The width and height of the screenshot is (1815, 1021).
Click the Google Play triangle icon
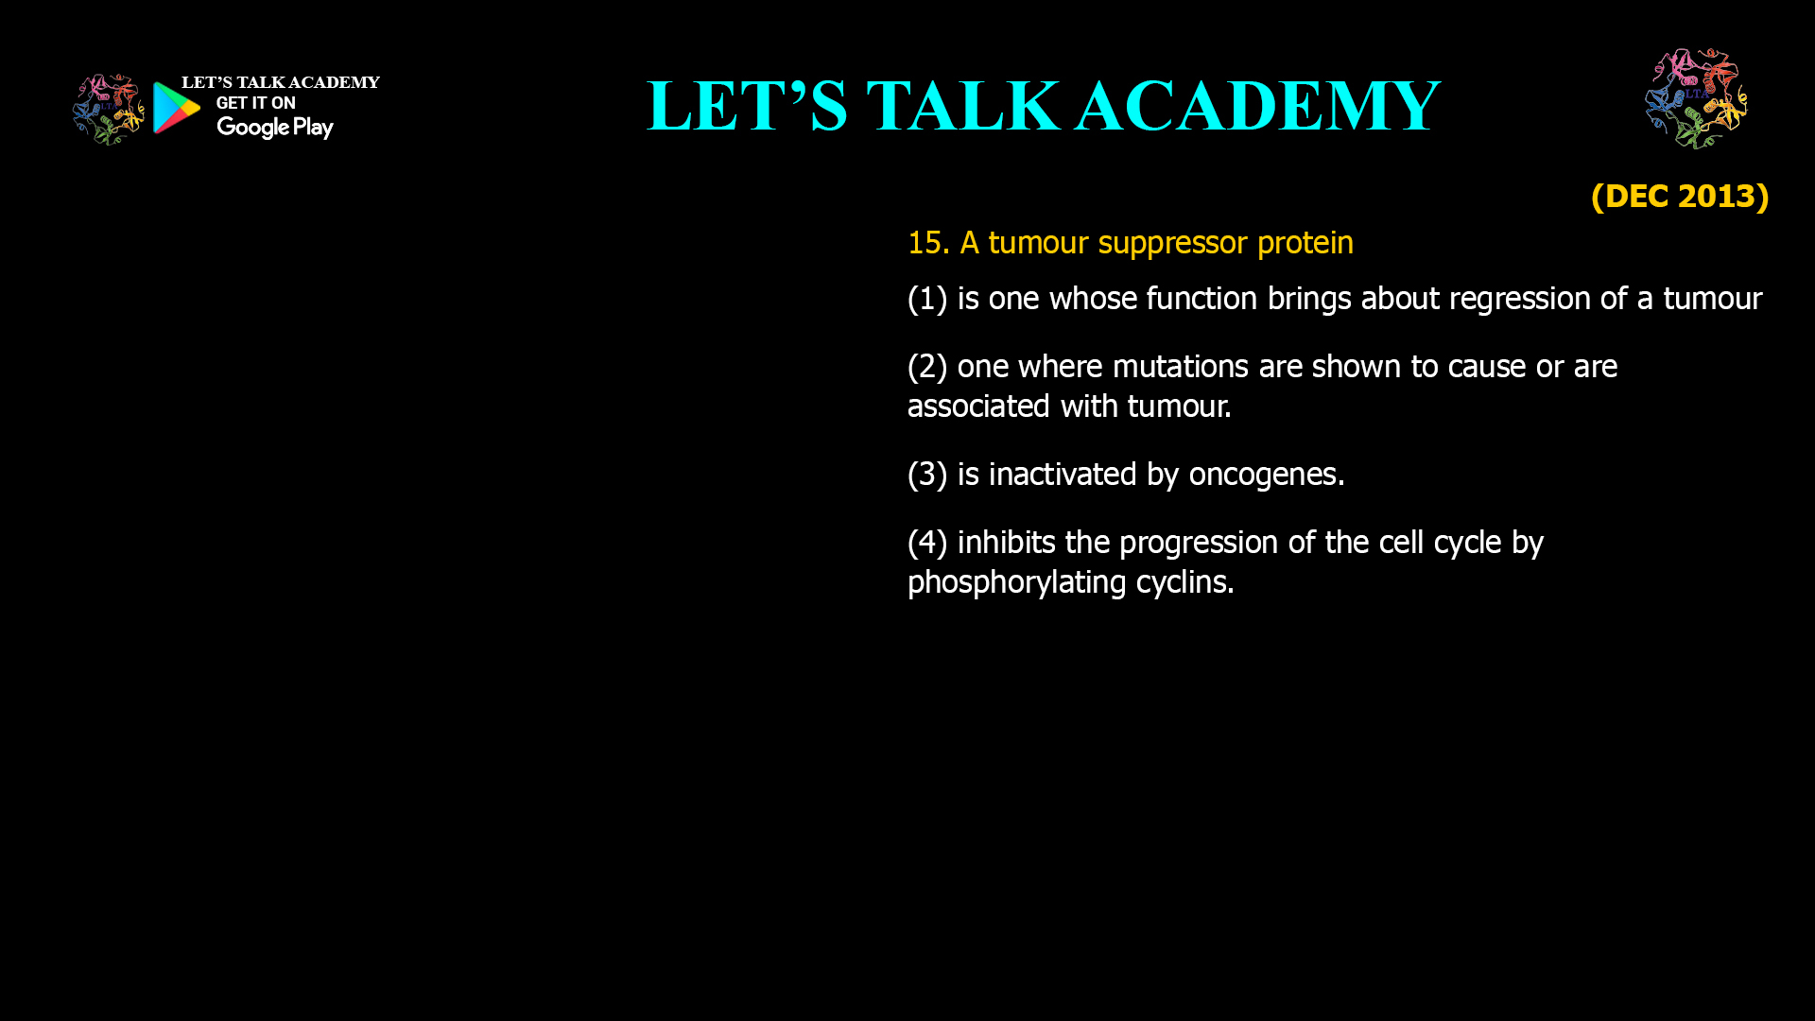[176, 108]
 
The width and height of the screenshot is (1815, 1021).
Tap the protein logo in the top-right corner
[1696, 98]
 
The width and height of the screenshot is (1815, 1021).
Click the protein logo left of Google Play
[109, 109]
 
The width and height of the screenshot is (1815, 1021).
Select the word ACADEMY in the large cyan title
[1257, 106]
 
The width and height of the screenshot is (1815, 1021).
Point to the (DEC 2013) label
[1679, 196]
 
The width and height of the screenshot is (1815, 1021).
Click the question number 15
[927, 243]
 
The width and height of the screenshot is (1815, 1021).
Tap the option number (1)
[927, 299]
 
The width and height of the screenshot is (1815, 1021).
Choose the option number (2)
[927, 367]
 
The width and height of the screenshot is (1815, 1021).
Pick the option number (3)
[927, 475]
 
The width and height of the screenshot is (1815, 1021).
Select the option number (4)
[927, 543]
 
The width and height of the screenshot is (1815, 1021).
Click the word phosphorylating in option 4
[1016, 583]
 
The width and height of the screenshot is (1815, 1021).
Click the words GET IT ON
[255, 103]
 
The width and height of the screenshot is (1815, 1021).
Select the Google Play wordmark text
[274, 128]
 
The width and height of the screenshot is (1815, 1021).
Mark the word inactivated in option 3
[1063, 475]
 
